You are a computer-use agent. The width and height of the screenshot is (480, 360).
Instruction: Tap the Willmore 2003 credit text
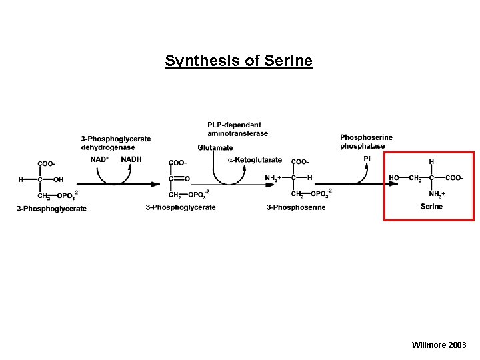coord(439,345)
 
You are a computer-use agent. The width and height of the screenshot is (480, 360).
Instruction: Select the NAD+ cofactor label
coord(101,159)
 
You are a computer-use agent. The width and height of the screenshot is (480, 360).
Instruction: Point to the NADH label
coord(131,159)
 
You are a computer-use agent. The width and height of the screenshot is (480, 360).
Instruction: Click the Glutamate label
coord(215,147)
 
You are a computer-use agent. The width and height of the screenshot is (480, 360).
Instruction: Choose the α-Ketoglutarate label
coord(255,160)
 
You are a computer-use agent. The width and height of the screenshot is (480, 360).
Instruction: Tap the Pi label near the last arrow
coord(367,159)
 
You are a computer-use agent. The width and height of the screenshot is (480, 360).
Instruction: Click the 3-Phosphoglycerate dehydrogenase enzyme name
coord(116,143)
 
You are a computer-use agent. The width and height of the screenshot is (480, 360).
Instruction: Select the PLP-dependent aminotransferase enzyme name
coord(237,129)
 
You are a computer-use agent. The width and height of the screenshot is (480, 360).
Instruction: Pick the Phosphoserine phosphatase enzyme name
coord(366,141)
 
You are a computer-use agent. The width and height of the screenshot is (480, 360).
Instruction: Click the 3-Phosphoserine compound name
coord(296,207)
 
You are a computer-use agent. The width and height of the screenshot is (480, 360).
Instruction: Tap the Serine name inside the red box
coord(431,207)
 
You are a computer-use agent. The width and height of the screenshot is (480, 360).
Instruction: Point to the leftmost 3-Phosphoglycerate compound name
coord(52,209)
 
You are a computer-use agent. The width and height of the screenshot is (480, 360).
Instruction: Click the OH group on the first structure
coord(58,179)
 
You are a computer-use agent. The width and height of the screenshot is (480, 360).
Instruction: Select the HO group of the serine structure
coord(394,178)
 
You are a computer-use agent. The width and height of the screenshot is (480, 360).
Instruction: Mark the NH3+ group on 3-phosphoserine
coord(273,178)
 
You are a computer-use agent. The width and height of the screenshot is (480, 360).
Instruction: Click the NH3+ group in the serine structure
coord(437,194)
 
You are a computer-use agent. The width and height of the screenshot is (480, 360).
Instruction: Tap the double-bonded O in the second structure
coord(187,178)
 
